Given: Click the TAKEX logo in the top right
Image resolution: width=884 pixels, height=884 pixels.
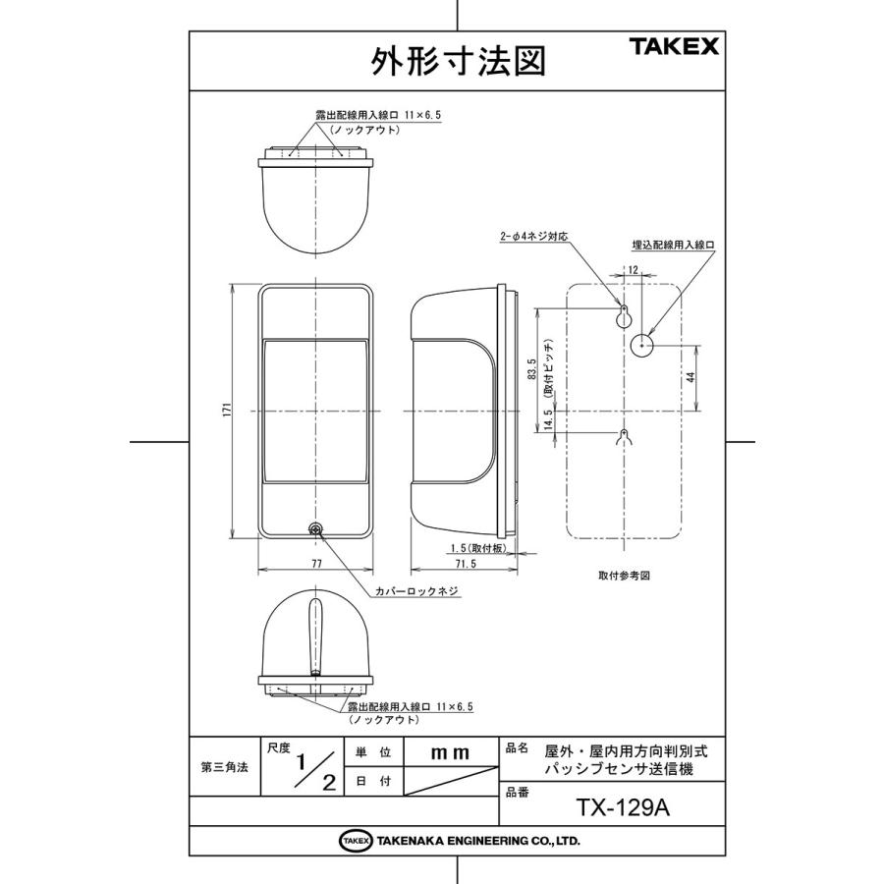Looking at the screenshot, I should [x=673, y=46].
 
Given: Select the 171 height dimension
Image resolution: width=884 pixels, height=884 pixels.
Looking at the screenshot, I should [x=226, y=411].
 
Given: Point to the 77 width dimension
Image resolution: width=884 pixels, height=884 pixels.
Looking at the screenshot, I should [x=316, y=564].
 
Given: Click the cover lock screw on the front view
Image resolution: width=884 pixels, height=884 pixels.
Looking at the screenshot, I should [x=316, y=529].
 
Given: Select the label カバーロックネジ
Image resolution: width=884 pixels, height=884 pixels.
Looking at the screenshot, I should [x=417, y=592].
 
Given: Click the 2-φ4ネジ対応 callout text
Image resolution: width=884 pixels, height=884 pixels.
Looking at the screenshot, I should [x=534, y=238].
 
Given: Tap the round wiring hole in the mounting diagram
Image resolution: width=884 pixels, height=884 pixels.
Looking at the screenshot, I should [x=642, y=345].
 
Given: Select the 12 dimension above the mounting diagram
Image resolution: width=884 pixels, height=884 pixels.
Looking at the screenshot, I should [x=633, y=269].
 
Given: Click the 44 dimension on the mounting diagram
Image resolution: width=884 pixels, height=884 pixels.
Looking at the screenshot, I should [x=691, y=377].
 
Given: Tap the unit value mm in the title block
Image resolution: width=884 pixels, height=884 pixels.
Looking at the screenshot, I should [x=451, y=752].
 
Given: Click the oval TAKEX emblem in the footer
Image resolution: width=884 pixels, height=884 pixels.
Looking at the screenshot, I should [x=356, y=841].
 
